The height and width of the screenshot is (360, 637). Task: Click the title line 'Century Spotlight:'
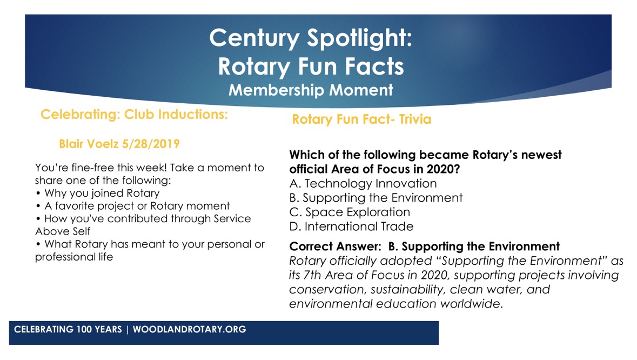point(311,38)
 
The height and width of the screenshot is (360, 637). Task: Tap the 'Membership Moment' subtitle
point(311,90)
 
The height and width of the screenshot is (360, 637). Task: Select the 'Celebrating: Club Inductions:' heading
point(134,114)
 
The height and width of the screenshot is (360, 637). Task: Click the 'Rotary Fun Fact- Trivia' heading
point(361,119)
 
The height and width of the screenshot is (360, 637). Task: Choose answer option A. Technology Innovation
point(363,184)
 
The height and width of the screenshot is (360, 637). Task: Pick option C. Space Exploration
point(350,212)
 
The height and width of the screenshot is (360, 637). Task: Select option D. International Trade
point(351,226)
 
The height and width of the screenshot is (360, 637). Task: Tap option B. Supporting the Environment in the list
point(376,198)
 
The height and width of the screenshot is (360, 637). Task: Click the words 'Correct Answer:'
point(335,246)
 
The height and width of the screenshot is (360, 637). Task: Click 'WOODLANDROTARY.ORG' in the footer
point(189,330)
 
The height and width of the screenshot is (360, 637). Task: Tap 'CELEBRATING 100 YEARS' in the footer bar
point(68,330)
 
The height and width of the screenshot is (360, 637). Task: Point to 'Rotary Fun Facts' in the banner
point(311,66)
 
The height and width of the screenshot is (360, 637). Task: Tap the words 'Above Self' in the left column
point(63,231)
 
